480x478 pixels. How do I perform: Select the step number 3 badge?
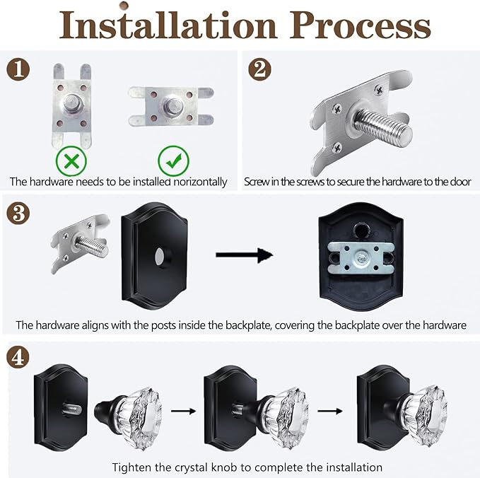pos(19,211)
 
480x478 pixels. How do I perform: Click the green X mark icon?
pos(71,161)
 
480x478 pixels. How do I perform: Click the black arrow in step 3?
pos(244,255)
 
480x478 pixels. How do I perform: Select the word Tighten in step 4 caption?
pos(130,467)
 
